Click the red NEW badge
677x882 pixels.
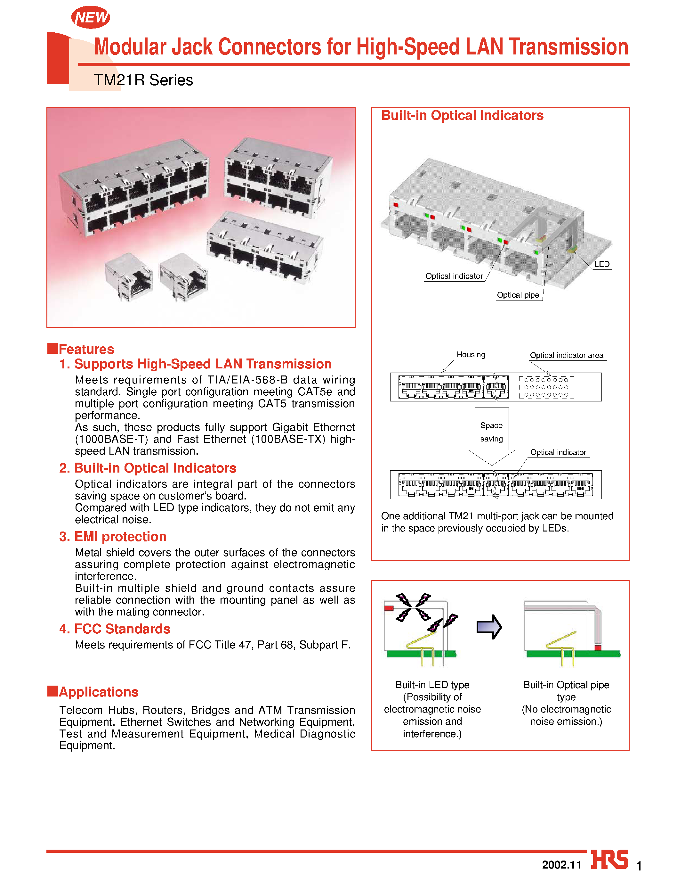(91, 17)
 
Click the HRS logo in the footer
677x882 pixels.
(609, 860)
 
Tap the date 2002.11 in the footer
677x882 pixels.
(561, 865)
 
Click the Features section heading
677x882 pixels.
(86, 349)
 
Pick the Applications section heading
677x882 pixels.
(98, 692)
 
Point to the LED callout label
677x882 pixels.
(602, 264)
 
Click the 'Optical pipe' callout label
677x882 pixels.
(518, 295)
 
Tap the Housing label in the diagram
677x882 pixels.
(471, 354)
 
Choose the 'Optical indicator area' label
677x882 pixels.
(566, 355)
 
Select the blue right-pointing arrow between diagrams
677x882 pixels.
(489, 627)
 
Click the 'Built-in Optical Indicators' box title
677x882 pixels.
(462, 115)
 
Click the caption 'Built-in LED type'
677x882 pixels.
(432, 685)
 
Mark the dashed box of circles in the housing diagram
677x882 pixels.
(546, 387)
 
